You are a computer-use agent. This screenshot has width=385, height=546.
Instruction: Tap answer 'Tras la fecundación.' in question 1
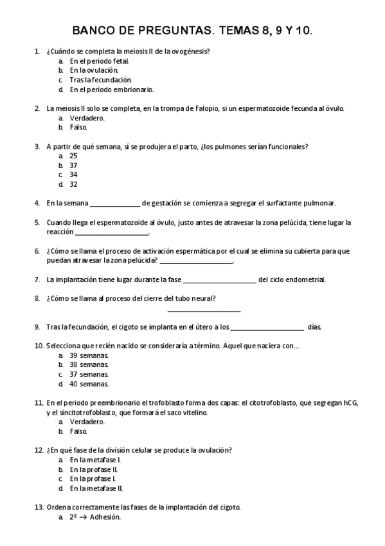point(96,79)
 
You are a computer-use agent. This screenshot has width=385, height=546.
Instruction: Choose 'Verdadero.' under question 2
point(87,118)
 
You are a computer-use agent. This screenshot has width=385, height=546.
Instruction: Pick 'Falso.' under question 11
point(78,431)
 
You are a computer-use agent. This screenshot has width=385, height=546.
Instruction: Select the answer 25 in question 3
point(73,156)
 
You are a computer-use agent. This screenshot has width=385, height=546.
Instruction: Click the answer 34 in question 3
point(73,174)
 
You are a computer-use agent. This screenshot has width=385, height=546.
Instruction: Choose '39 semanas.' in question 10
point(89,355)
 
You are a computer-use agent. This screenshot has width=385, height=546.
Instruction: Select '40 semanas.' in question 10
point(89,384)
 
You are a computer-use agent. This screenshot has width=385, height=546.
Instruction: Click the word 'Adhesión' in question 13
point(105,517)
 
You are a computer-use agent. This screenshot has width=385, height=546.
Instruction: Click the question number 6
point(37,251)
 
